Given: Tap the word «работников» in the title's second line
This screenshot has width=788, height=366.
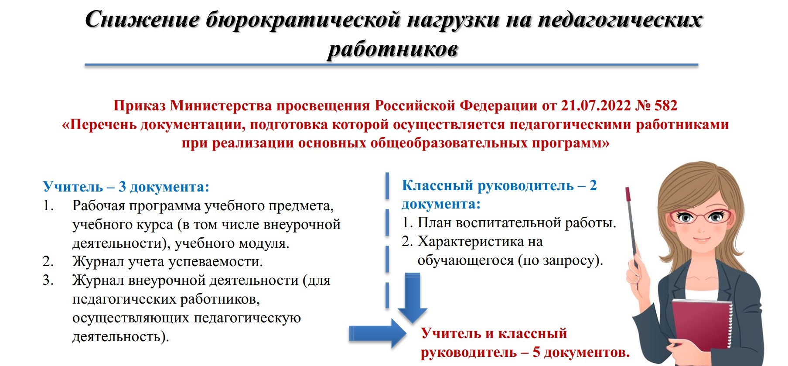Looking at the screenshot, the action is (x=393, y=49).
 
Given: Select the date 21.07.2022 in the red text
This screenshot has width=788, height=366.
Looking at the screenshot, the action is (x=596, y=106).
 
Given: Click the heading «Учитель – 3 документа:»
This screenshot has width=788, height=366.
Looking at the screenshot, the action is (x=126, y=187).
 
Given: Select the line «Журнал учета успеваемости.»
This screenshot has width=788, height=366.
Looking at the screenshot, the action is (x=167, y=262).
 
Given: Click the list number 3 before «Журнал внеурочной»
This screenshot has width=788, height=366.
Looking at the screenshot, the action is (x=48, y=280).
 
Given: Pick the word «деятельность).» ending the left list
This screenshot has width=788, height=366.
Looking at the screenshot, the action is (x=120, y=337).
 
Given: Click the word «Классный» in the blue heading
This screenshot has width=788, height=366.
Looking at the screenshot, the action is (x=437, y=186).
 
